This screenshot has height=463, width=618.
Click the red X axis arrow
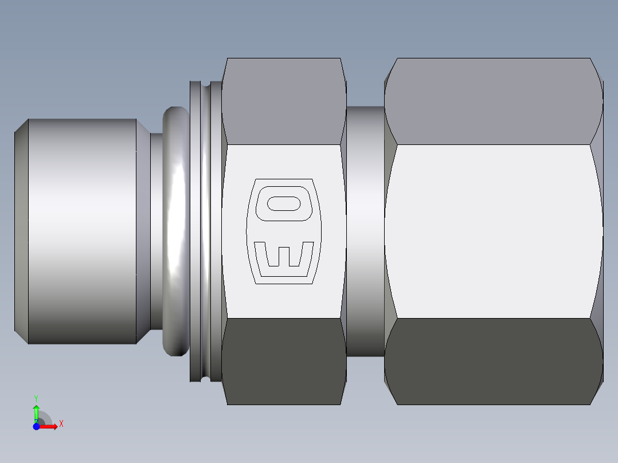click(50, 427)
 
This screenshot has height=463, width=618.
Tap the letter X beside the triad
click(61, 424)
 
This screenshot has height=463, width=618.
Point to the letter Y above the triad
click(36, 398)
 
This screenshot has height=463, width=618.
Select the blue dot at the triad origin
click(36, 427)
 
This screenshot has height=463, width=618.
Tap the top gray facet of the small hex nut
click(284, 101)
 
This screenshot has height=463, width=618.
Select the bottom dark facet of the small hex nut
click(284, 361)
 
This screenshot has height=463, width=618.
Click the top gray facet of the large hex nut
click(493, 101)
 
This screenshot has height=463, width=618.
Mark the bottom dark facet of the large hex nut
click(493, 361)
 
